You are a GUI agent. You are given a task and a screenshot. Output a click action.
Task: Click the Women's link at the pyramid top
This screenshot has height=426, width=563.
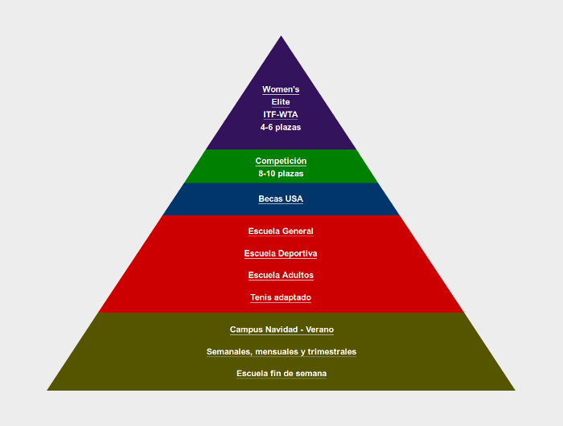tap(281, 89)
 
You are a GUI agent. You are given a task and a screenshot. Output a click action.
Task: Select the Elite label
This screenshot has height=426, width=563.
tap(281, 102)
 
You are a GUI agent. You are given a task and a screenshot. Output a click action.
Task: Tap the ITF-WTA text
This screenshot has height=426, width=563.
tap(281, 115)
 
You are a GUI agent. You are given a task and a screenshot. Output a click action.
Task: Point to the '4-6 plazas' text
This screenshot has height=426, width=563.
tap(281, 127)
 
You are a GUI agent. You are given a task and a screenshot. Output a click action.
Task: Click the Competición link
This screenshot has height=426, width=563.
tap(281, 161)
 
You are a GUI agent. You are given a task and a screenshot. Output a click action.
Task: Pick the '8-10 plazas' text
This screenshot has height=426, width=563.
tap(281, 174)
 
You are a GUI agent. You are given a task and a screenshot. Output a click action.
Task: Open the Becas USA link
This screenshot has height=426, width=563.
tap(281, 199)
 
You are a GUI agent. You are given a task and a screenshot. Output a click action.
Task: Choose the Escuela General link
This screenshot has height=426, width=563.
tap(281, 231)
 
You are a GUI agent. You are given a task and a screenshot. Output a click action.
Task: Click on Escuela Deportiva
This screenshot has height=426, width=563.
tap(281, 253)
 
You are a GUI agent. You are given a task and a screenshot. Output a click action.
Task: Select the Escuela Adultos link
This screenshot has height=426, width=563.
tap(281, 275)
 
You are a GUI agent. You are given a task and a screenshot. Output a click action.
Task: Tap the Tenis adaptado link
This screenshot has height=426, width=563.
tap(281, 297)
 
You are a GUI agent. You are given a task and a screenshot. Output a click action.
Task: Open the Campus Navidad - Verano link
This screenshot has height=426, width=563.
tap(281, 330)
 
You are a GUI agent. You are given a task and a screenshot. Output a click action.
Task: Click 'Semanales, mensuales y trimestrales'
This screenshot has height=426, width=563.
tap(281, 352)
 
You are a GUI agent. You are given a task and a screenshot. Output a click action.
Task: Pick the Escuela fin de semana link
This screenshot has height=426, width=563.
tap(281, 374)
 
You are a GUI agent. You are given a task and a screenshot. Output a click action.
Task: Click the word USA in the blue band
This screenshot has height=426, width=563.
tap(294, 199)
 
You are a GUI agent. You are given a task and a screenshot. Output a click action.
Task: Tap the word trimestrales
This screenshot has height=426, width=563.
tap(331, 352)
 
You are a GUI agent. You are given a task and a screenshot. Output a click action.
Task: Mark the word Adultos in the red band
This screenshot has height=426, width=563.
tap(297, 275)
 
